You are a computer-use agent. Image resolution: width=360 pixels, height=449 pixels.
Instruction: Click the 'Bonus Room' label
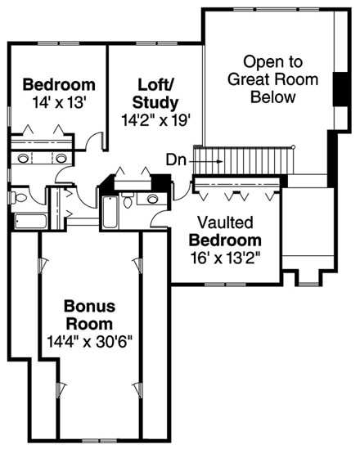(89, 314)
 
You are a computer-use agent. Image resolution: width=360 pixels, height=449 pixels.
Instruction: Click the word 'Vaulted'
(225, 222)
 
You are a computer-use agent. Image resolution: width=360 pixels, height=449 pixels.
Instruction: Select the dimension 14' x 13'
(58, 102)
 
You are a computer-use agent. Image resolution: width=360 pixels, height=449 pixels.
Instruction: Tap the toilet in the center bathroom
(130, 201)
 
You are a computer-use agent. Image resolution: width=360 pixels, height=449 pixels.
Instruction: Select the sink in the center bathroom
(153, 199)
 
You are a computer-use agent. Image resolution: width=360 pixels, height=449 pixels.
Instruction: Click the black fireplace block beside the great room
(340, 90)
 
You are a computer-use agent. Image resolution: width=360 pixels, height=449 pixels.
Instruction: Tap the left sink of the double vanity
(22, 158)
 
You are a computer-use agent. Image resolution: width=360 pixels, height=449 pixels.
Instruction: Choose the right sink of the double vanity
(61, 158)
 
